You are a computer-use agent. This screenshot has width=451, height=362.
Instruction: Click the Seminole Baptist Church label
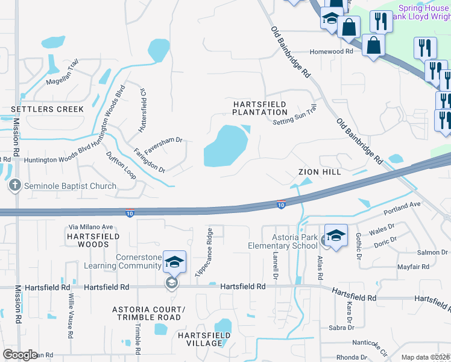70,186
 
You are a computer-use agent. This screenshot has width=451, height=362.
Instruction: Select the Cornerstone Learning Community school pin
174,262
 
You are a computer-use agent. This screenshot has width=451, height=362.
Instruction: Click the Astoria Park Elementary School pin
336,235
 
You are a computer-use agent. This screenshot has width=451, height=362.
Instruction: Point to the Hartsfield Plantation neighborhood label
260,108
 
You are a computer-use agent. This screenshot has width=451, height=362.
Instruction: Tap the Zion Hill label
320,172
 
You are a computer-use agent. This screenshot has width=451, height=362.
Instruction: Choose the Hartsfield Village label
204,338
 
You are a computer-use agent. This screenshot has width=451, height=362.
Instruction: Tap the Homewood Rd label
331,52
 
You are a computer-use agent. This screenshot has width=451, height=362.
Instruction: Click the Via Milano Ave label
91,227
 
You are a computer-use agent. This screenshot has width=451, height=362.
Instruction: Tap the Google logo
20,355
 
